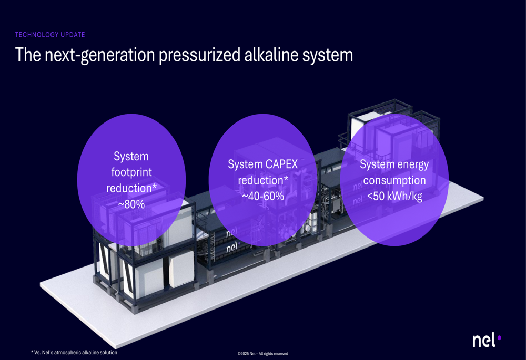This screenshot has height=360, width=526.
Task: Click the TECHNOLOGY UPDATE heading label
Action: pyautogui.click(x=50, y=35)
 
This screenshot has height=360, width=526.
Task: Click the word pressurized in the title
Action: pyautogui.click(x=199, y=55)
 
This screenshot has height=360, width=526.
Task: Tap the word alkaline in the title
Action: pyautogui.click(x=271, y=54)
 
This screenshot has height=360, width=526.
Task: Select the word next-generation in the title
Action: pyautogui.click(x=99, y=55)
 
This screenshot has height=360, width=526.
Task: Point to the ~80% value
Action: pyautogui.click(x=131, y=204)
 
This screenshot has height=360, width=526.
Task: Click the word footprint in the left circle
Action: pyautogui.click(x=131, y=172)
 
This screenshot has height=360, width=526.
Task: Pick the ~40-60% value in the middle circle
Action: pyautogui.click(x=263, y=196)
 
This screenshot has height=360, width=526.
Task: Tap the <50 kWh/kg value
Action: pyautogui.click(x=394, y=196)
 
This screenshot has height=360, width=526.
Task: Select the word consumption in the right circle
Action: pyautogui.click(x=394, y=180)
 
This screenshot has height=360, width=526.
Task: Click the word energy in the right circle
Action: pyautogui.click(x=412, y=165)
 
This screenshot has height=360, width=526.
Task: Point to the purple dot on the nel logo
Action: pyautogui.click(x=499, y=337)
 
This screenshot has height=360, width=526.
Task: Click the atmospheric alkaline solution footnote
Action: pyautogui.click(x=74, y=352)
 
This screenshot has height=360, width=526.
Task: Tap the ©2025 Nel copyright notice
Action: pyautogui.click(x=262, y=353)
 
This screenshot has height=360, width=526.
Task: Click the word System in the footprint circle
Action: pyautogui.click(x=131, y=156)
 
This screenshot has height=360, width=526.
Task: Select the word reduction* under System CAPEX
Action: pyautogui.click(x=263, y=180)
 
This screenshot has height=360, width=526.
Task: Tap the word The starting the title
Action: pyautogui.click(x=28, y=54)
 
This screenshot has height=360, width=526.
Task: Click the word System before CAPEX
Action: pyautogui.click(x=245, y=164)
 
